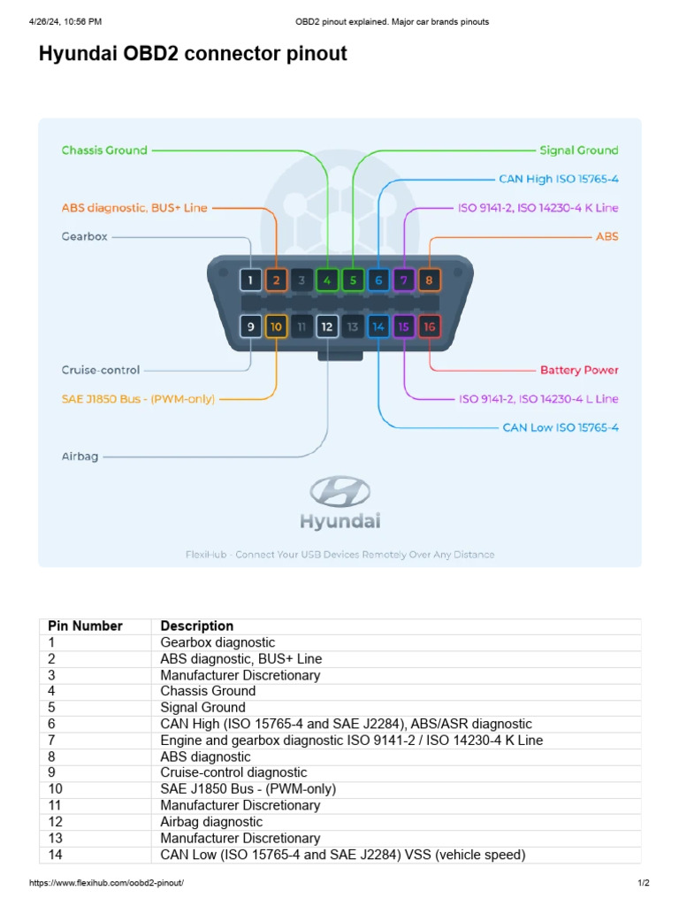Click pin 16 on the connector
(430, 327)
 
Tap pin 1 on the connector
(251, 281)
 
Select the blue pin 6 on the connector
(378, 281)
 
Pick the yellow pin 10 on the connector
(276, 327)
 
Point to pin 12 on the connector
(327, 327)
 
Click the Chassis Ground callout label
(104, 150)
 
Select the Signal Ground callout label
(578, 150)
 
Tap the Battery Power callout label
(579, 370)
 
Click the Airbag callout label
(80, 457)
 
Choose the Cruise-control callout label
(100, 370)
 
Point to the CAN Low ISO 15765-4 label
(560, 427)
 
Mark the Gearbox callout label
(83, 236)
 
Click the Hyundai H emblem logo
(339, 492)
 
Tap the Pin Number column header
(85, 626)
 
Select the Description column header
(196, 626)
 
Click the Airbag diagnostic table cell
(211, 821)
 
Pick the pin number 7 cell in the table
(52, 740)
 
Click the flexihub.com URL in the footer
(106, 883)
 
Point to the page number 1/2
(643, 883)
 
